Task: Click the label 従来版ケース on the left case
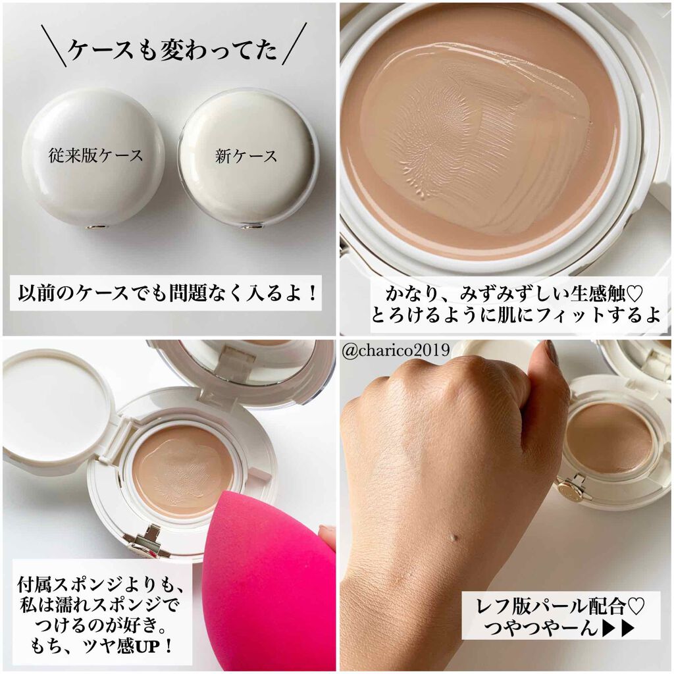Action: [x=96, y=156]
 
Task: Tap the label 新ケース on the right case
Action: [x=246, y=156]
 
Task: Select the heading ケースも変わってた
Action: [x=172, y=49]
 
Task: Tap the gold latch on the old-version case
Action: [x=95, y=226]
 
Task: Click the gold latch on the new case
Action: [x=248, y=226]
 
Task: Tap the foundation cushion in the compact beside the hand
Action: [x=608, y=438]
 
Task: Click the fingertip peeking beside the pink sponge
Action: [x=327, y=536]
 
